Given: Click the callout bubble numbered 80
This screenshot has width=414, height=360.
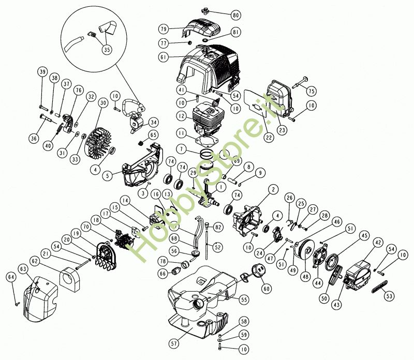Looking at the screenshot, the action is [x=235, y=15].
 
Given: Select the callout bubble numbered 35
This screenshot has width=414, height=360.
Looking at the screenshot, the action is [x=107, y=49].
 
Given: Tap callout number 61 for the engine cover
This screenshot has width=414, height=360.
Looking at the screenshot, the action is [x=164, y=57].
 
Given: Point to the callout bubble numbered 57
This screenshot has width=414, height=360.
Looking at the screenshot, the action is [x=174, y=343].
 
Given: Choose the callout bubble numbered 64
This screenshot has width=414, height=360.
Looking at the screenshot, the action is [x=11, y=277].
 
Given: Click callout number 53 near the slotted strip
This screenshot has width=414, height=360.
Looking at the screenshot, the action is [x=390, y=296].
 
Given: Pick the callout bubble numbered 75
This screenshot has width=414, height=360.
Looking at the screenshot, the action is [x=312, y=91].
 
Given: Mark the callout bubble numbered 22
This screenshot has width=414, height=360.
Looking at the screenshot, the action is [x=269, y=137].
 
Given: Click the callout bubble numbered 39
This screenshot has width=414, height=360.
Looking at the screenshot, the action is [x=42, y=71].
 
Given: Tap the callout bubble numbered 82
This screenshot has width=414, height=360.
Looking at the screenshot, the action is [x=218, y=227].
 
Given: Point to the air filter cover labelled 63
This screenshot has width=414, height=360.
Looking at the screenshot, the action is [x=40, y=300].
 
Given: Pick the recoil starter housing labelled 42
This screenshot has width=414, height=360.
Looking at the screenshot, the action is [x=357, y=275].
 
